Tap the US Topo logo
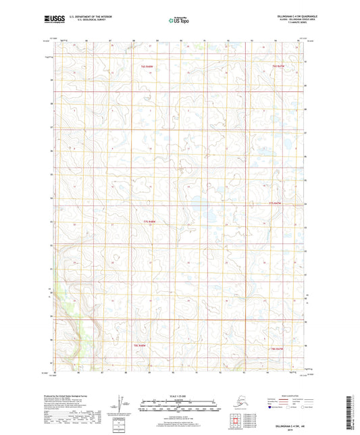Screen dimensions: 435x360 [x=179, y=21]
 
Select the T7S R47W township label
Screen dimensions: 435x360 [x=274, y=203]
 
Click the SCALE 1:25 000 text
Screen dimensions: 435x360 [x=180, y=396]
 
